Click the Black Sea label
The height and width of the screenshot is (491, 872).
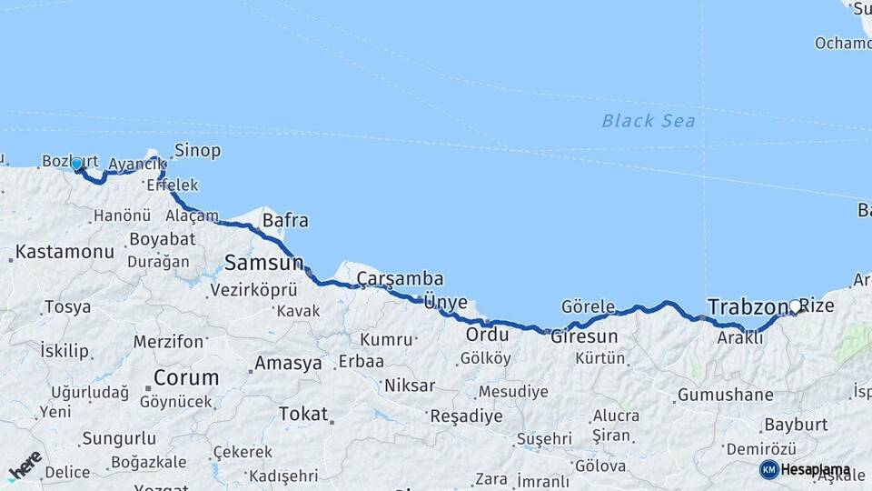click(x=649, y=120)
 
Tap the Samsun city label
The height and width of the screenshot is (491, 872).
click(x=263, y=263)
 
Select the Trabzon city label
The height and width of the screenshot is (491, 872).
click(x=746, y=306)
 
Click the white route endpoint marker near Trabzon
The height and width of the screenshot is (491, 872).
click(x=796, y=306)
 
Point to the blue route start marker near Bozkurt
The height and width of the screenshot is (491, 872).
click(x=76, y=165)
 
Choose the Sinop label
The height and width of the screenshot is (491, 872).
click(x=197, y=150)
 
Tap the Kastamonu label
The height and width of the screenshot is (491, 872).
click(x=65, y=252)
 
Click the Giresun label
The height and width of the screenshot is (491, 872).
click(x=584, y=336)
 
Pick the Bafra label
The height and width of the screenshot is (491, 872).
click(x=285, y=220)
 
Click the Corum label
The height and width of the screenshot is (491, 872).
click(x=186, y=376)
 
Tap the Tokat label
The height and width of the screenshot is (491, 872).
click(x=302, y=414)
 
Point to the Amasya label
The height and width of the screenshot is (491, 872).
click(x=288, y=363)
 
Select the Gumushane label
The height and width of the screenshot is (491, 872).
click(x=726, y=396)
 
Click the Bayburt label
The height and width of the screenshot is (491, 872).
click(x=796, y=425)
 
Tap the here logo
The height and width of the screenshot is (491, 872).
click(x=25, y=466)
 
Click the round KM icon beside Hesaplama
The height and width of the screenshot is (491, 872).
click(x=769, y=469)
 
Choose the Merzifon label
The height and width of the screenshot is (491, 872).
click(x=168, y=342)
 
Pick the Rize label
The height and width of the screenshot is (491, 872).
click(x=817, y=306)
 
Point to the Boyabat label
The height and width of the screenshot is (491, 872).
click(x=163, y=239)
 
